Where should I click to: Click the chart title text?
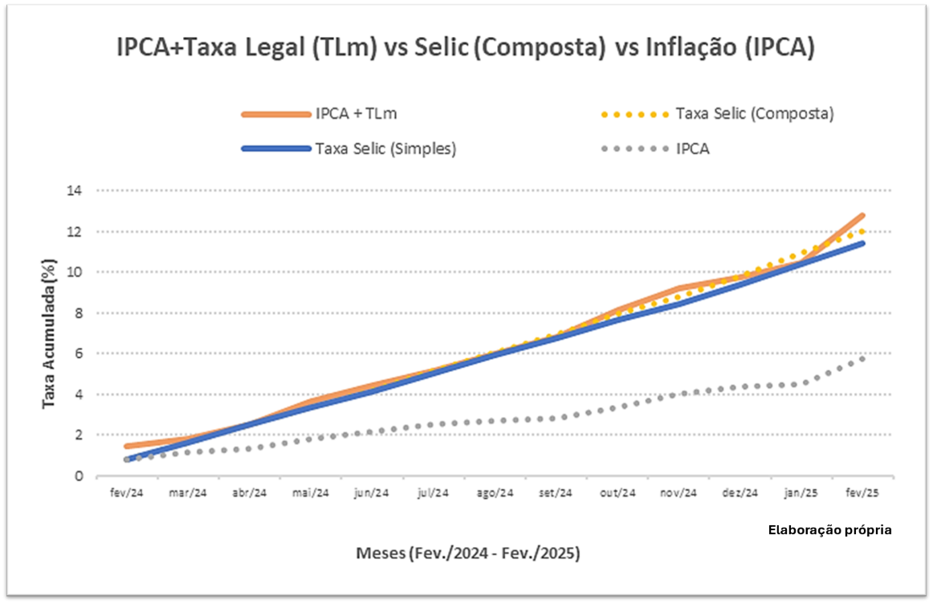(466, 48)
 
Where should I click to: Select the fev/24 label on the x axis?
(126, 492)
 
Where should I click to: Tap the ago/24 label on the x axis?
(494, 492)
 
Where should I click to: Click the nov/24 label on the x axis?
(678, 492)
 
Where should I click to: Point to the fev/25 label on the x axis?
(862, 492)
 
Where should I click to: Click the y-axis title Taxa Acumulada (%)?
(50, 333)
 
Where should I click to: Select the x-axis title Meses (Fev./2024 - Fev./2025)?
(468, 554)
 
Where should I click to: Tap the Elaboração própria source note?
(829, 530)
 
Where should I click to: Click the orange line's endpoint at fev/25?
(862, 215)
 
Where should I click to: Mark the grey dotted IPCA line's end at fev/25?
(862, 358)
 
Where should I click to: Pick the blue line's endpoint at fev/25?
(862, 243)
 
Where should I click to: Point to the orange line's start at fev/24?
(127, 446)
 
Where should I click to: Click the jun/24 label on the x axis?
(371, 492)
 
